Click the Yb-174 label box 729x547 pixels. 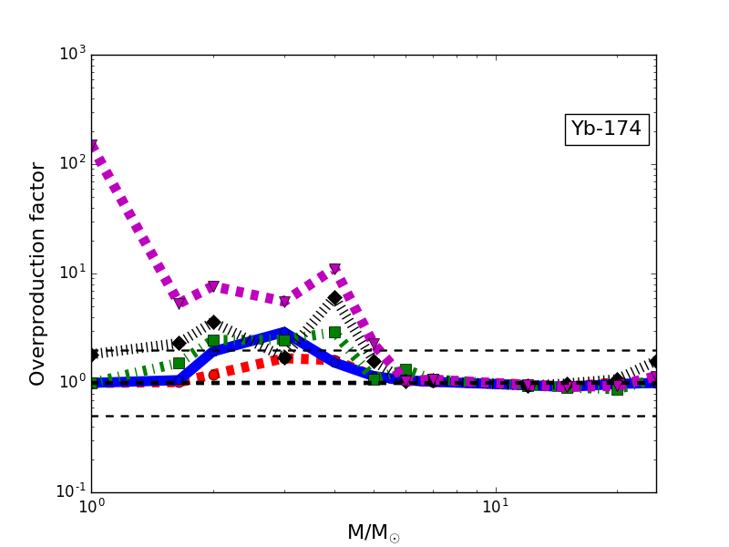click(x=606, y=129)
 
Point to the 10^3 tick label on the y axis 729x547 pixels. click(x=70, y=54)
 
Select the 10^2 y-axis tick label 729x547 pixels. click(x=70, y=163)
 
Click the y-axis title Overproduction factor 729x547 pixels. click(x=38, y=273)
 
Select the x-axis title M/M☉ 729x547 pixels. click(x=373, y=533)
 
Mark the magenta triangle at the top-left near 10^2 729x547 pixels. click(x=92, y=146)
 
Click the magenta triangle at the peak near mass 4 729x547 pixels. click(x=334, y=269)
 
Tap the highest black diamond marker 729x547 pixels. click(x=334, y=297)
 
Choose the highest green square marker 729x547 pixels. click(x=334, y=332)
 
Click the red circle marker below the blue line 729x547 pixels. click(x=213, y=375)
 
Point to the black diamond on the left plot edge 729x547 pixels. click(x=92, y=354)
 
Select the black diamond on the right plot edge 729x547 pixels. click(x=654, y=362)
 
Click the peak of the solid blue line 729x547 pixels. click(x=284, y=332)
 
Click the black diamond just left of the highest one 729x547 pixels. click(x=284, y=357)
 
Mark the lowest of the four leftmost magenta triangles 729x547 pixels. click(x=180, y=302)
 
